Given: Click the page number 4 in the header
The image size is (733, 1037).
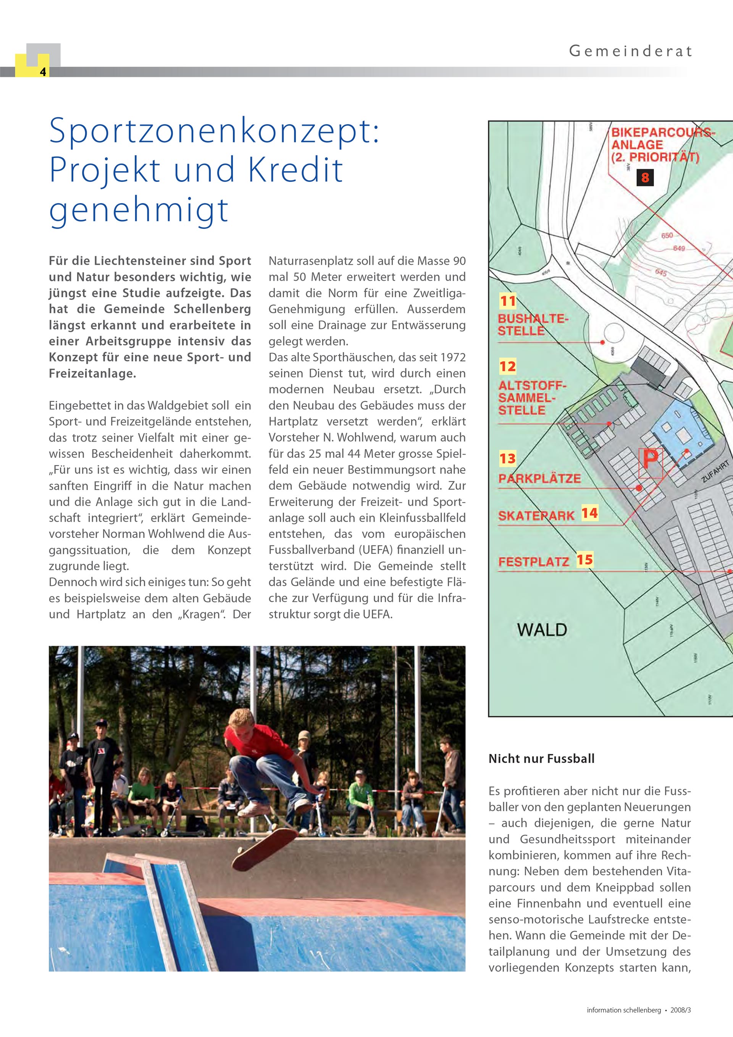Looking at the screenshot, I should (x=43, y=72).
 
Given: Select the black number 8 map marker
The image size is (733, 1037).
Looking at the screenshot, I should (x=645, y=178).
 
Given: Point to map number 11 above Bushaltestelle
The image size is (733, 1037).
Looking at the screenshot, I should (x=508, y=301).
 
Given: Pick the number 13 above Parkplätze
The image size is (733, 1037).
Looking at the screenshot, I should (x=508, y=459).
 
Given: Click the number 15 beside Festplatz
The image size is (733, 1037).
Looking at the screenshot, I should (x=584, y=560).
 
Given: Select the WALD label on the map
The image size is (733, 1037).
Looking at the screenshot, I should (x=542, y=629).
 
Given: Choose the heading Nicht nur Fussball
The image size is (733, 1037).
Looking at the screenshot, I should (x=541, y=759).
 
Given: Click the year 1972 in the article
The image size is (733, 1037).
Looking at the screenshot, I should (x=452, y=357).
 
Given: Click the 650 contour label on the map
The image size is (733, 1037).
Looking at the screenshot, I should (x=667, y=236).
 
